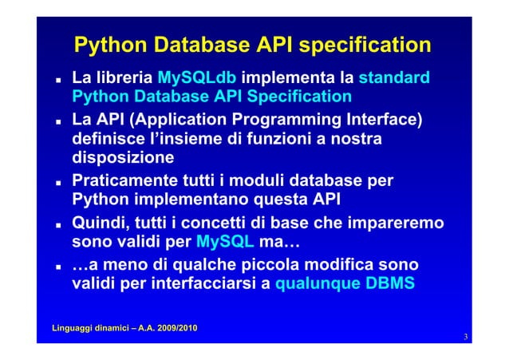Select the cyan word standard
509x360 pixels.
pyautogui.click(x=395, y=79)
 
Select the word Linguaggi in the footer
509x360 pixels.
pyautogui.click(x=69, y=328)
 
